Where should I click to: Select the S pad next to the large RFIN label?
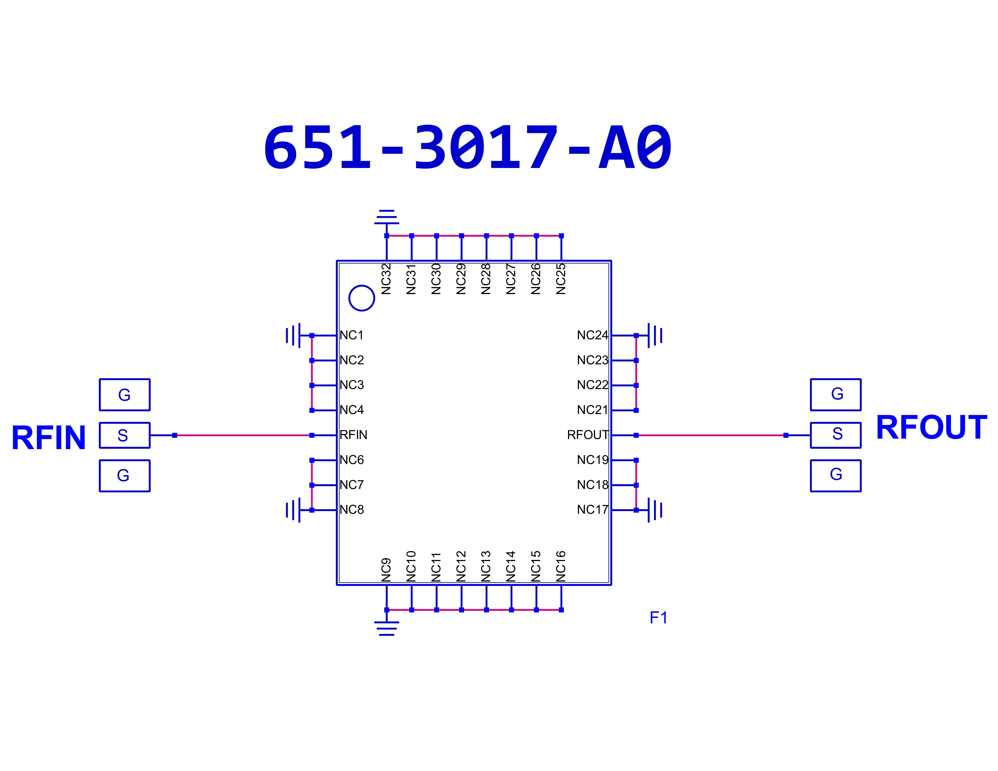(124, 435)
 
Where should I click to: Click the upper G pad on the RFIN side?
(124, 395)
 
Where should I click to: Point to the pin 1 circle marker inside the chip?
(361, 298)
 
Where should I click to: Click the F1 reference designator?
(658, 618)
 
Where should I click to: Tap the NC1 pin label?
(351, 335)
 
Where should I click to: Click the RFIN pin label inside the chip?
(353, 435)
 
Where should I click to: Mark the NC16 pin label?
(561, 566)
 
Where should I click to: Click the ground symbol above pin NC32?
(387, 217)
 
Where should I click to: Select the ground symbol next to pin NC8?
(293, 510)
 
